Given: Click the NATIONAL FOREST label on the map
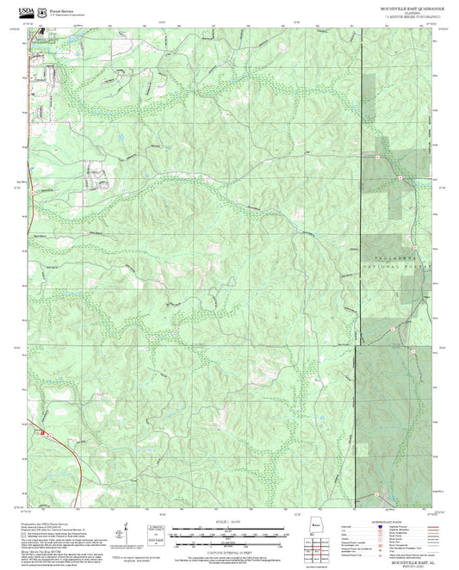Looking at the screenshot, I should [393, 267].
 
